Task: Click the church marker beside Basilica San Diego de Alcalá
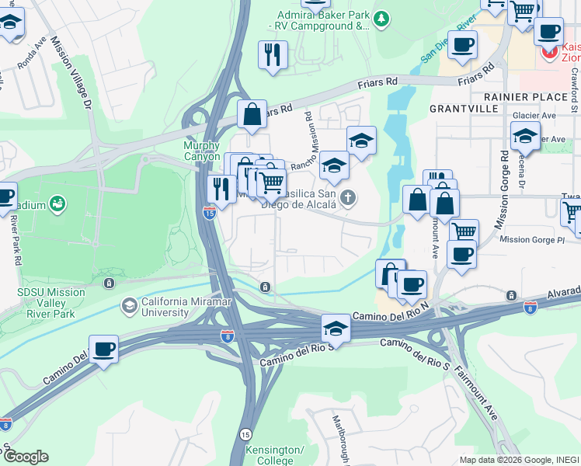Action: tap(348, 197)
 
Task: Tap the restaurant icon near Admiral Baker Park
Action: tap(273, 54)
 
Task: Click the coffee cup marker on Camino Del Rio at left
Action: tap(103, 350)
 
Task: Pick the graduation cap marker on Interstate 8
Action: tap(336, 328)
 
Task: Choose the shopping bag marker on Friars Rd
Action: tap(252, 115)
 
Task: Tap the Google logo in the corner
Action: tap(26, 457)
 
